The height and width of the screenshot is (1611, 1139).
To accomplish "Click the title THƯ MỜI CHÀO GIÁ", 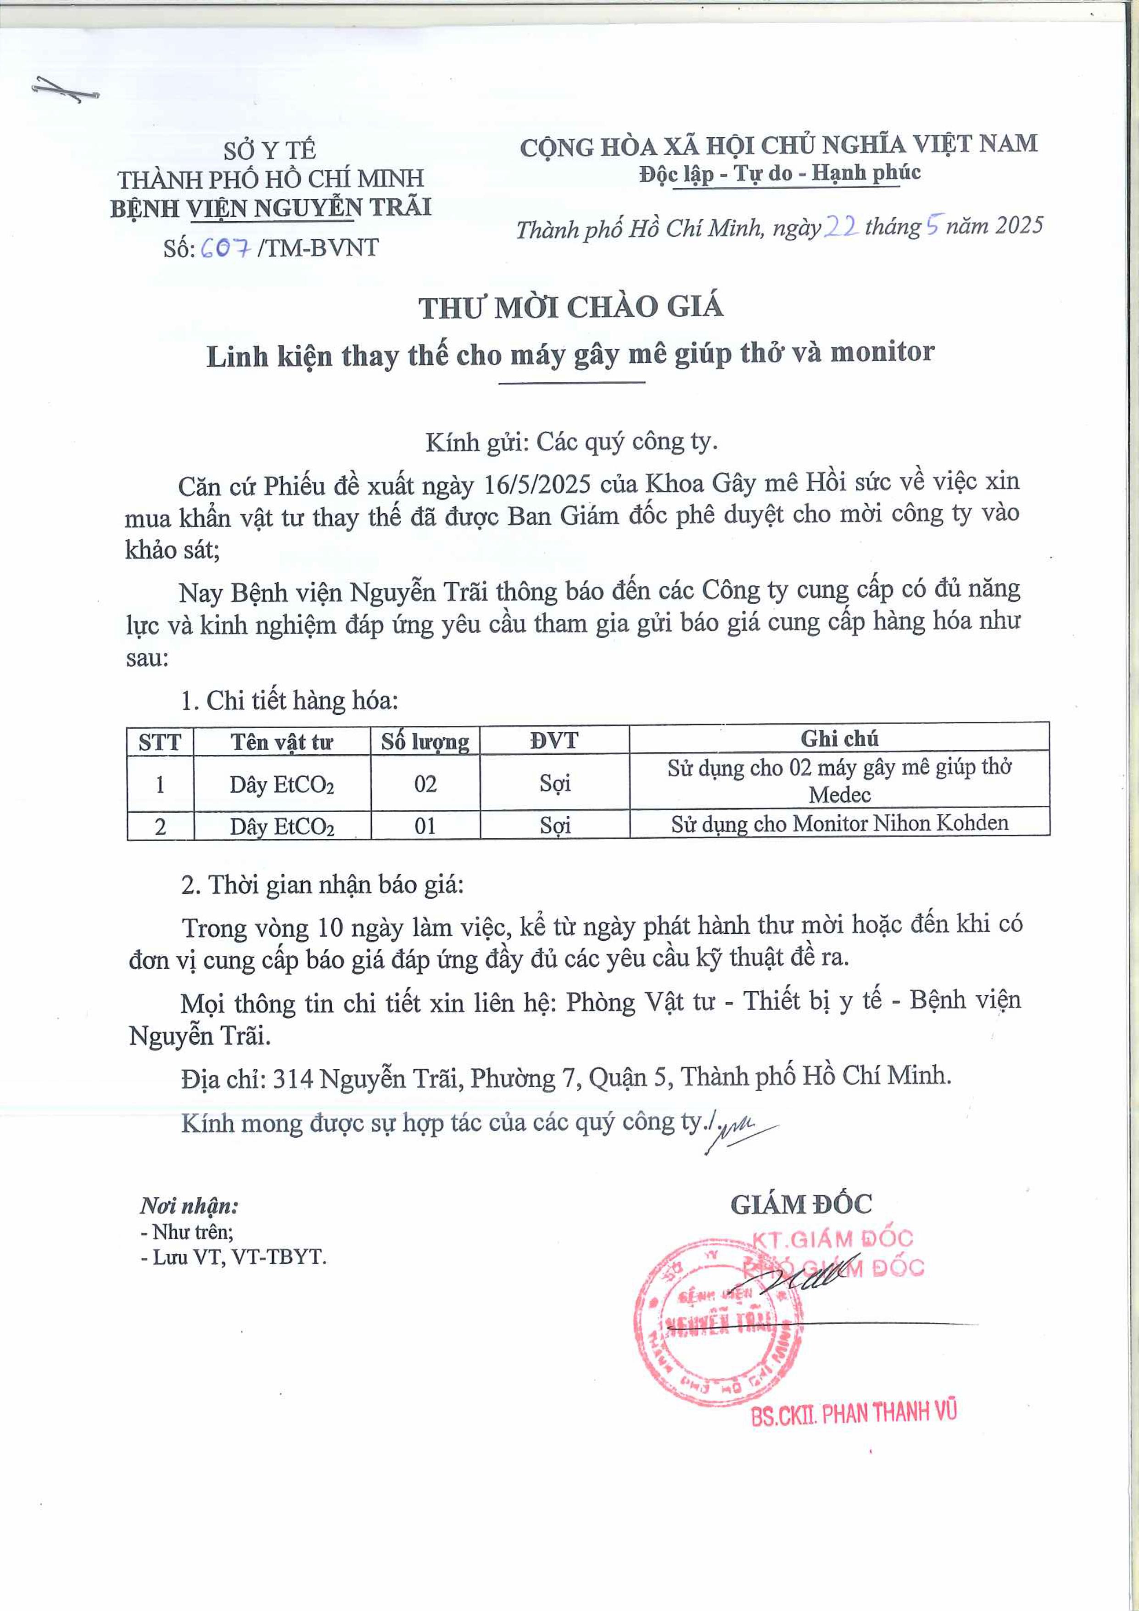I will click(571, 307).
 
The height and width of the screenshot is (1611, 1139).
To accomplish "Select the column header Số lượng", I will click(425, 741).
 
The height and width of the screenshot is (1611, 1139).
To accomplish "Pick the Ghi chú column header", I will click(839, 738).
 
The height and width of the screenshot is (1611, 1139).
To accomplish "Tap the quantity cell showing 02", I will click(425, 783).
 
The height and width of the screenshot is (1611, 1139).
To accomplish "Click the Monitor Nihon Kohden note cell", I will click(839, 823).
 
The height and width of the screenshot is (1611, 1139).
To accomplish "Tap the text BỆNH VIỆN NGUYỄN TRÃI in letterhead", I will click(271, 208).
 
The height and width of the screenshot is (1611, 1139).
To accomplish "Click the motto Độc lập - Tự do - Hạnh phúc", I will click(779, 173).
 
